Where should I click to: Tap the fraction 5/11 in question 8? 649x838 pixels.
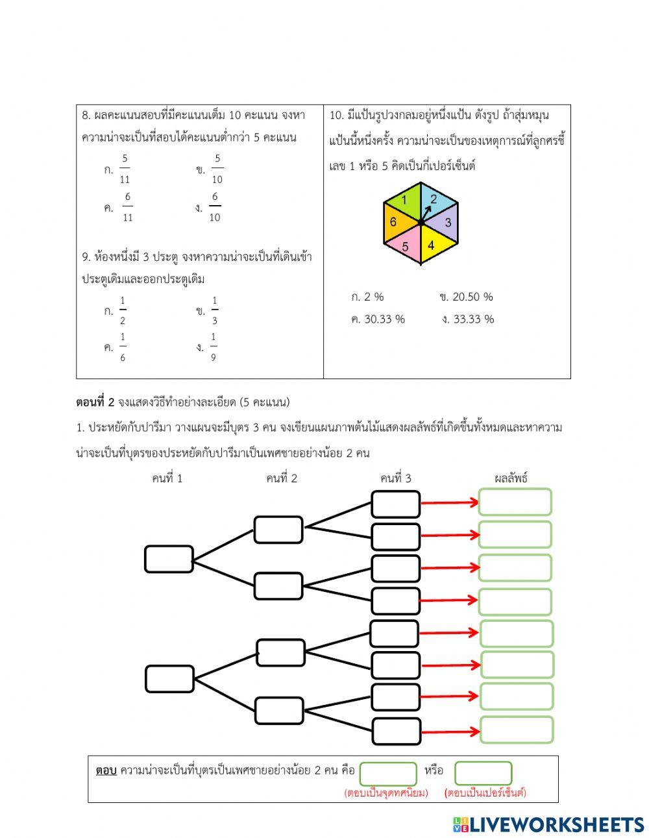pos(125,169)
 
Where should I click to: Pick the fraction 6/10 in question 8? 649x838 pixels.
pos(215,207)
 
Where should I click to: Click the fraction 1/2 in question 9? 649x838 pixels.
pos(123,311)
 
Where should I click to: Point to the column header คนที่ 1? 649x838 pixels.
pos(167,478)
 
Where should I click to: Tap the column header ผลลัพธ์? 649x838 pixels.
pos(511,478)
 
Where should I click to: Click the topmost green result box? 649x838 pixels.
pos(515,502)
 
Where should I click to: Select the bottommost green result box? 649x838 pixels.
pos(517,730)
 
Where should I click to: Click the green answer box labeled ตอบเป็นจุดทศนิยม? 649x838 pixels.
pos(388,773)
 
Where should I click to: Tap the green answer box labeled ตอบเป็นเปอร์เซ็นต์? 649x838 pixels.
pos(484,773)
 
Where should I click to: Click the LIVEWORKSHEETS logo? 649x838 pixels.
pos(548,824)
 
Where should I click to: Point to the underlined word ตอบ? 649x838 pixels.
pos(106,770)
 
